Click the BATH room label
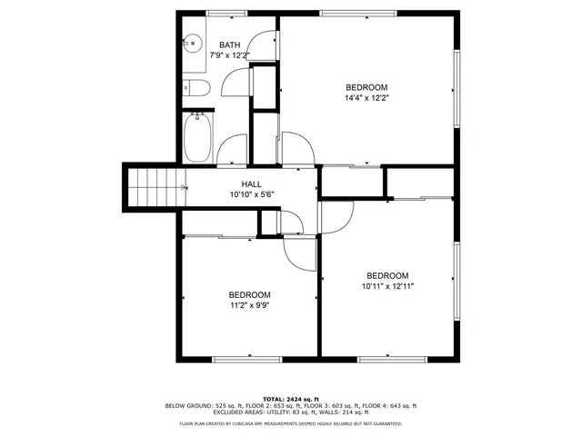(229, 45)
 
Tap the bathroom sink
(192, 42)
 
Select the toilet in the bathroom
(197, 87)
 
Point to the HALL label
(252, 184)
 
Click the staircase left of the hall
(155, 188)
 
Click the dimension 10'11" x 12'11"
(387, 286)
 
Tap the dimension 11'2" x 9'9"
(249, 305)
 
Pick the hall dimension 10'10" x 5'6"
(252, 194)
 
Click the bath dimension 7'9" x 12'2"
(229, 55)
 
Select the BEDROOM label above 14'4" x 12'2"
(366, 87)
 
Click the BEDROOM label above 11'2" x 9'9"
(249, 294)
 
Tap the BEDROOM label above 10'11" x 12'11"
(387, 275)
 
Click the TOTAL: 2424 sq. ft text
(291, 399)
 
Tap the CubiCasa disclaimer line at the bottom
(291, 423)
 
